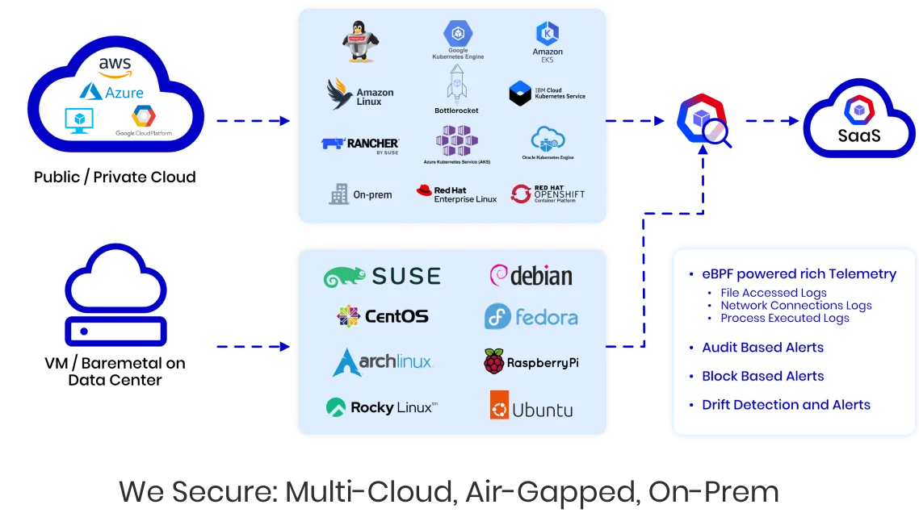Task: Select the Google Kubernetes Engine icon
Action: (457, 35)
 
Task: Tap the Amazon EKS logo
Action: (548, 34)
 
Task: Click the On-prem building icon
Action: (339, 194)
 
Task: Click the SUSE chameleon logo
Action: (345, 277)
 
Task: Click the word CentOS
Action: (397, 316)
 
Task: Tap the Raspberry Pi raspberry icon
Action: (494, 362)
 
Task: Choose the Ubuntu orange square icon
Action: (499, 405)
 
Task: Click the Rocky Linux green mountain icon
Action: (336, 407)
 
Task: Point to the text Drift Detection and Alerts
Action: (786, 405)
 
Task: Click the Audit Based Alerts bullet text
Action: (762, 348)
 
